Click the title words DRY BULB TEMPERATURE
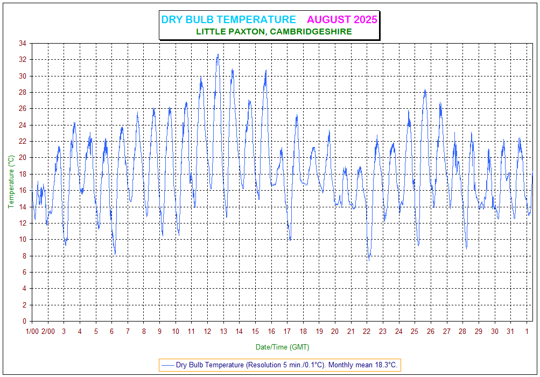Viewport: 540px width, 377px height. pos(228,20)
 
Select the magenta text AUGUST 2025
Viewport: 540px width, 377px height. pos(342,20)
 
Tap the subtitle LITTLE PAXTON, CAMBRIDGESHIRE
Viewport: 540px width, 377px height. pos(274,32)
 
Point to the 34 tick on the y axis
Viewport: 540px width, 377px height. pos(23,44)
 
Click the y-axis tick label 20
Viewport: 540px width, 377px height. pos(23,158)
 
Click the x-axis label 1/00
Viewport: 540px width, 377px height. pos(32,331)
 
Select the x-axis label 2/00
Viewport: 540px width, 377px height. pos(48,331)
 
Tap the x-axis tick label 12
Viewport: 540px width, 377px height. pos(207,331)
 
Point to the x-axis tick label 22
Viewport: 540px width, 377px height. pos(367,331)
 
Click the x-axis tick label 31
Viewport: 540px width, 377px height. pos(510,331)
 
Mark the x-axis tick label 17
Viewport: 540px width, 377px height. pos(287,331)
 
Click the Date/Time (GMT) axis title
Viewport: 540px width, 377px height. pos(282,347)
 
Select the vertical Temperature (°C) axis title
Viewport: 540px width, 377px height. pos(11,181)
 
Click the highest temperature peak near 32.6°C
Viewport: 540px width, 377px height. pos(218,54)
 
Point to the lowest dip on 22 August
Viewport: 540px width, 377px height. pos(369,259)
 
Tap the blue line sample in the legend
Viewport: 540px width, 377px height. pos(167,365)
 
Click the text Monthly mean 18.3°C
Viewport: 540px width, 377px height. pos(363,365)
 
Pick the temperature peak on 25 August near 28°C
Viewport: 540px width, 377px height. pos(425,90)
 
